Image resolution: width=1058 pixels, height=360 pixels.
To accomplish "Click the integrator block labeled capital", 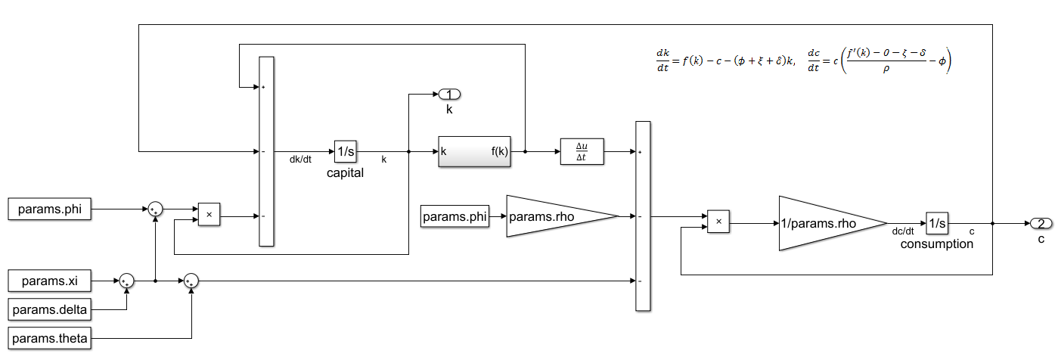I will coord(346,151).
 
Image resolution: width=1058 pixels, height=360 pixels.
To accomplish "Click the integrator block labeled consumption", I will coord(937,223).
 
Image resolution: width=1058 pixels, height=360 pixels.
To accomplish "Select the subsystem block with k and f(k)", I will coord(474,151).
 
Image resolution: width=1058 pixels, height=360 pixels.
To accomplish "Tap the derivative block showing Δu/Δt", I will coord(582,151).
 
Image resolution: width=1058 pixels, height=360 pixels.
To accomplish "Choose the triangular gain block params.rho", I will coord(556,217).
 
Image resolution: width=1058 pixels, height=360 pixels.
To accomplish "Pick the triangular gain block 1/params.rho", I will coord(824,223).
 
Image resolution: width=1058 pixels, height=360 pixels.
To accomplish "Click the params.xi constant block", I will coord(49,281).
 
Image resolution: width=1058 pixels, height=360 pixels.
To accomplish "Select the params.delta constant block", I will coord(49,310).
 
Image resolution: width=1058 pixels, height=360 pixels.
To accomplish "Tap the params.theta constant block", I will coord(49,338).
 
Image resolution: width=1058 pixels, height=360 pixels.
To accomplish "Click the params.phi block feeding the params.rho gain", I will coord(454,217).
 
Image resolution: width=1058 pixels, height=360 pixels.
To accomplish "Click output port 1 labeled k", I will coord(449,95).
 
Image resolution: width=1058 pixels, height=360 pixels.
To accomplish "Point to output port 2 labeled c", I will coord(1041,223).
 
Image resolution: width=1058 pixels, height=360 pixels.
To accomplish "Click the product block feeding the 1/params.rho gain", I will coord(718,223).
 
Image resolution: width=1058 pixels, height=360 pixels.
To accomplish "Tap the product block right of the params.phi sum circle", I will coord(209,216).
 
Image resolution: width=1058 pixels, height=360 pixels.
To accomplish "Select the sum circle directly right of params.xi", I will coord(127,281).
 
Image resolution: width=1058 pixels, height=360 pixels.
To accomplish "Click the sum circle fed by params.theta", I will coord(191,281).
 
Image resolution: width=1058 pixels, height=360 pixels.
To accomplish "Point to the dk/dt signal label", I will coord(302,160).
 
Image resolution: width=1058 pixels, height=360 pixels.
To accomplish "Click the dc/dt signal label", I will coord(904,232).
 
